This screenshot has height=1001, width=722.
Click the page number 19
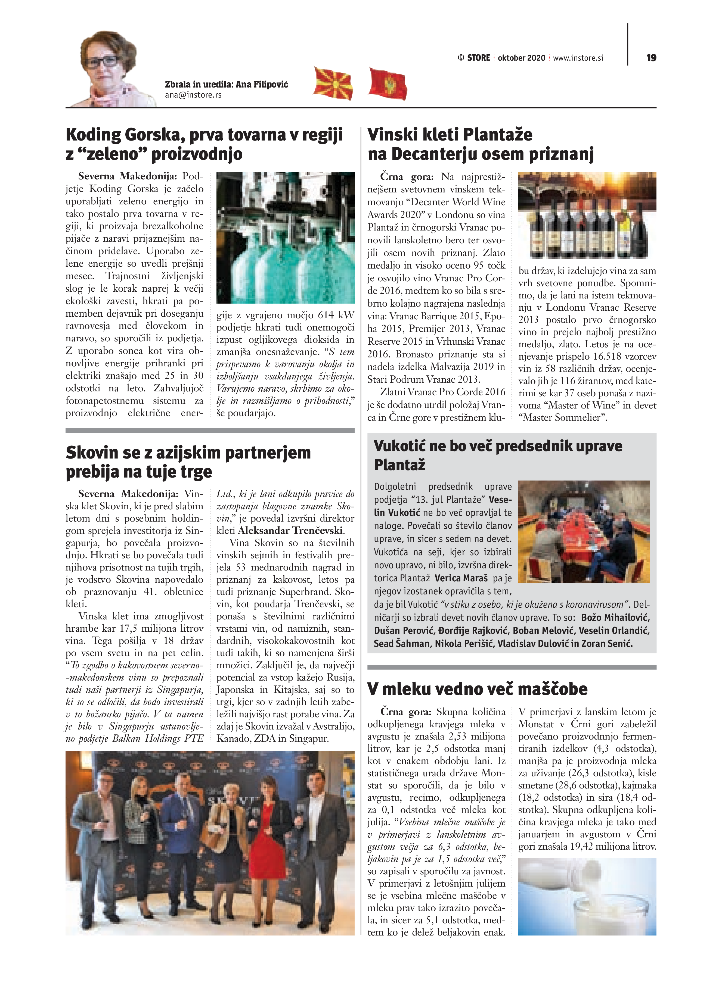(x=651, y=58)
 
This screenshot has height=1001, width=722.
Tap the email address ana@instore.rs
(x=193, y=95)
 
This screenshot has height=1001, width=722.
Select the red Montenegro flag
(x=388, y=83)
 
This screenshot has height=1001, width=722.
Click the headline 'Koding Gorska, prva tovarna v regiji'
(x=204, y=135)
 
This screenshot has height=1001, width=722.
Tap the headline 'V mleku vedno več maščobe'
(x=477, y=688)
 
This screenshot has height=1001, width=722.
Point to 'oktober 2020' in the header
(x=521, y=58)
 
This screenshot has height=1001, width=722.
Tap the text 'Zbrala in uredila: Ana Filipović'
(x=226, y=84)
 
